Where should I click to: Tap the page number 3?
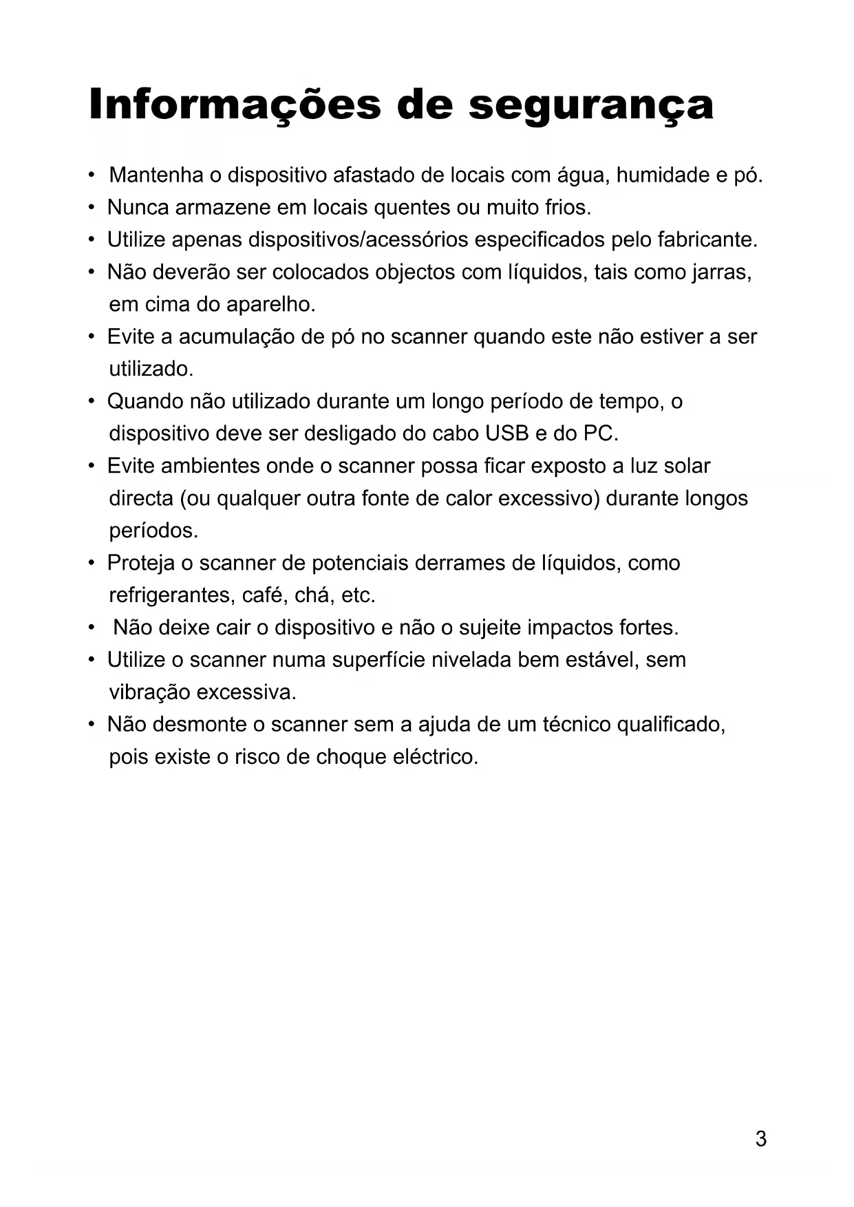point(760,1139)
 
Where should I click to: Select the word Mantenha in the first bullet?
point(156,175)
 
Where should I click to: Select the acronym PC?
point(600,434)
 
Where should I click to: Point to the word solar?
point(687,467)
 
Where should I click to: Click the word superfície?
point(378,661)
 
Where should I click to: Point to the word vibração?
point(149,693)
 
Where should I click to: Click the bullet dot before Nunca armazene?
point(91,207)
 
